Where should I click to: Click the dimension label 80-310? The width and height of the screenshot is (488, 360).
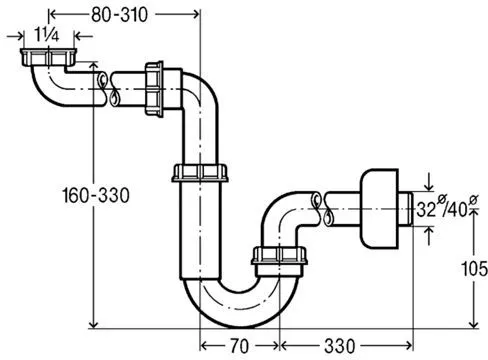coord(119,15)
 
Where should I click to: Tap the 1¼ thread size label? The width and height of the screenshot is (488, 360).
coord(47,35)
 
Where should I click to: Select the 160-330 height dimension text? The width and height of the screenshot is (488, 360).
coord(96,195)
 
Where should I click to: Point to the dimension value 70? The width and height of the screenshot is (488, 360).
coord(239,346)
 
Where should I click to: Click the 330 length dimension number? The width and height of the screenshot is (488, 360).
coord(340,346)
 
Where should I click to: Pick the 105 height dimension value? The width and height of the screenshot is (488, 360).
coord(474,268)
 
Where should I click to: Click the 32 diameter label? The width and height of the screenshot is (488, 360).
coord(426,210)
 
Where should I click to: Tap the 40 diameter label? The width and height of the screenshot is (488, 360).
coord(458,210)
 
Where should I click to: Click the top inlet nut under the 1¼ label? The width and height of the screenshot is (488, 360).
coord(48,57)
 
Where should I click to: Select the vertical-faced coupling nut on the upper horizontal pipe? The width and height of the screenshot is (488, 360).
coord(154,89)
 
